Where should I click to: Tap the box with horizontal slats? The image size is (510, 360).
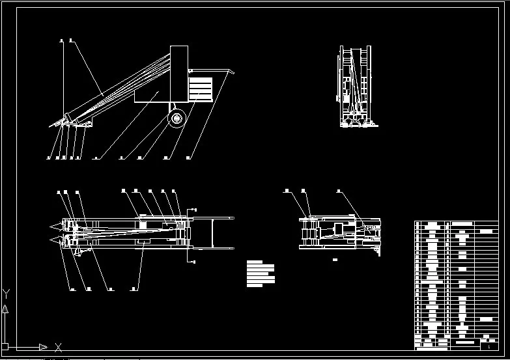(x=201, y=89)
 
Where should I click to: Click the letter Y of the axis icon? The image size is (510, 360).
(x=5, y=293)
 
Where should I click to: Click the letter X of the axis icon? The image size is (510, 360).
(x=58, y=346)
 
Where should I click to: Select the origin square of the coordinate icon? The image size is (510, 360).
(x=5, y=347)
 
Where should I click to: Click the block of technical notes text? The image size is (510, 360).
(x=261, y=273)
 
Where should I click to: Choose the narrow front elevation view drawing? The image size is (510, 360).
(x=355, y=87)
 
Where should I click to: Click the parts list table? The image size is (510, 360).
(x=456, y=285)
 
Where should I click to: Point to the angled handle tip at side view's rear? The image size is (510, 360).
(x=232, y=71)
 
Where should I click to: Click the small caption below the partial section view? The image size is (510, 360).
(x=335, y=260)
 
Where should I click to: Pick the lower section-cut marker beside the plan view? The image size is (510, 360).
(x=195, y=261)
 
